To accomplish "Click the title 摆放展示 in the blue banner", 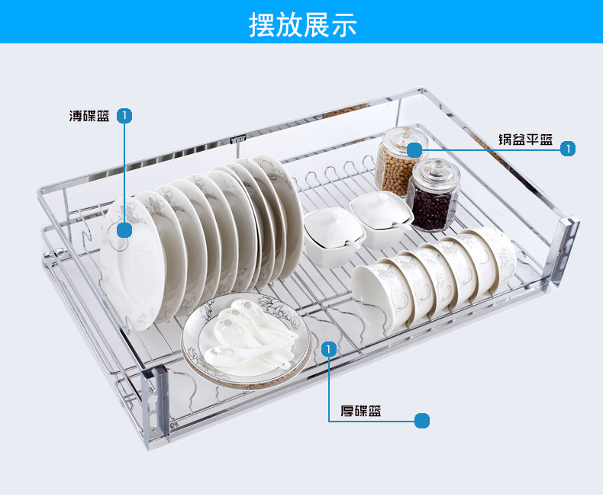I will [x=302, y=24].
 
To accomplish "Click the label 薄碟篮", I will [x=89, y=117].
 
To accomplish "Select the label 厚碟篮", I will [x=361, y=412].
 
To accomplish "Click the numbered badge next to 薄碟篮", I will [x=125, y=116].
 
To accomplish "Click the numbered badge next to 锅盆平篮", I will [x=567, y=149].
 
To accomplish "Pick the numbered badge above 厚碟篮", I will [x=329, y=349].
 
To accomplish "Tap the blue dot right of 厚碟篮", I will [x=422, y=420].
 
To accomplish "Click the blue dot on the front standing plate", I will [x=124, y=229].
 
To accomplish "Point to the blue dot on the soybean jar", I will [x=414, y=149].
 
